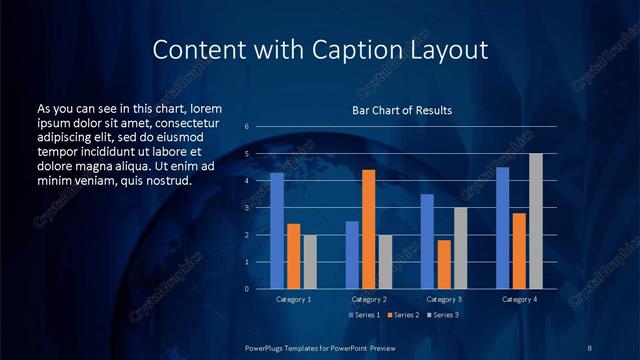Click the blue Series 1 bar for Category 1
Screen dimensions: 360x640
tap(277, 231)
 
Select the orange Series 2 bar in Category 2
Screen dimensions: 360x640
tap(368, 229)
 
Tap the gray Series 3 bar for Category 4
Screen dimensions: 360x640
tap(535, 221)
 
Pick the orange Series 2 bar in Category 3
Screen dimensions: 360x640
tap(443, 264)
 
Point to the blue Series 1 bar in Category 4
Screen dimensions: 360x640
tap(502, 228)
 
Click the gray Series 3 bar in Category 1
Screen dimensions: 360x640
tap(309, 262)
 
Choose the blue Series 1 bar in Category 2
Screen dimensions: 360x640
tap(352, 255)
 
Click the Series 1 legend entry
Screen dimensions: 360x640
tap(364, 314)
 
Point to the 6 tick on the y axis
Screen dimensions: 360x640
tap(247, 127)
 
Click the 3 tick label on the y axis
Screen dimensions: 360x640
tap(247, 208)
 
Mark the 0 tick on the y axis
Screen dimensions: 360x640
tap(247, 289)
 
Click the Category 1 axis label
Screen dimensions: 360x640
tap(293, 299)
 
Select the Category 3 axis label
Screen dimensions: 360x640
tap(443, 299)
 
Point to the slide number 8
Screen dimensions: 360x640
tap(590, 347)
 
